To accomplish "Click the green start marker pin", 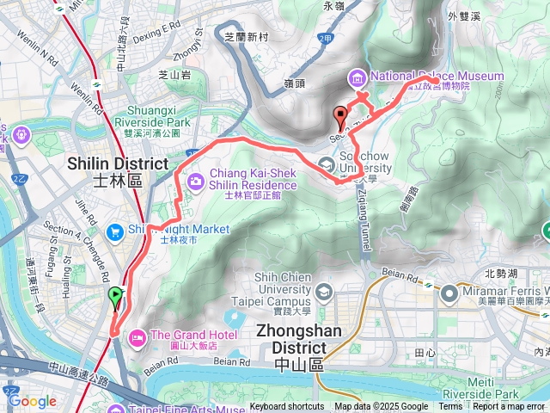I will point(115,299).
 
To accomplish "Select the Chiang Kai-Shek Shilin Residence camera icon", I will point(196,180).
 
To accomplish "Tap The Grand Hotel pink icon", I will point(136,336).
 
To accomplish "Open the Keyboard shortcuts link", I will point(287,407).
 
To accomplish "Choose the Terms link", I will point(450,407).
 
